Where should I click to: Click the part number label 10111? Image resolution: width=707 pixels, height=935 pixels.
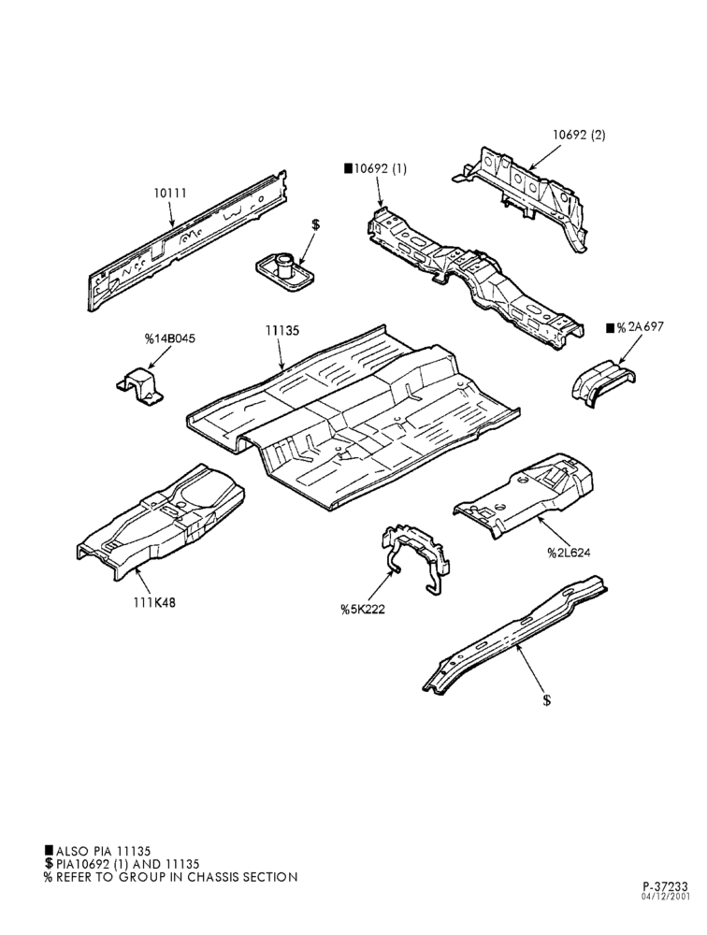(x=170, y=194)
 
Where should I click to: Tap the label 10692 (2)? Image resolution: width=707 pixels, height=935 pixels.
(x=578, y=135)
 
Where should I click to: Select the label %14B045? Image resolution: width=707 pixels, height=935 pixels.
(x=169, y=338)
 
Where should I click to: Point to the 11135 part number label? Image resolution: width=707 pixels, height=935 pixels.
(x=282, y=330)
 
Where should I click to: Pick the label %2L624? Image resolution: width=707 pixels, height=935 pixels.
(x=569, y=553)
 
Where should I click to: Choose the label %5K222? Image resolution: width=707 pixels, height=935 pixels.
(x=363, y=609)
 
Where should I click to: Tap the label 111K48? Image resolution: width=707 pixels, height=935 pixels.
(x=154, y=602)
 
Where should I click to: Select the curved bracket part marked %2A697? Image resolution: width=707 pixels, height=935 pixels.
(x=602, y=381)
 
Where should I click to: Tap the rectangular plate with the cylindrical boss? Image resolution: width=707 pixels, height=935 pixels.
(x=283, y=272)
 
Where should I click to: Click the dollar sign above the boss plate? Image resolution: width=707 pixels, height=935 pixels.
(x=315, y=224)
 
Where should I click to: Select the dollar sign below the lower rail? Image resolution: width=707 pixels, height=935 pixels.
(x=546, y=699)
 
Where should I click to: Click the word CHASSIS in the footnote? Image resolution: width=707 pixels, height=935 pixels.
(x=214, y=877)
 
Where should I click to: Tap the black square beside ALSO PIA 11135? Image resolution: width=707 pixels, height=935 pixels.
(x=48, y=850)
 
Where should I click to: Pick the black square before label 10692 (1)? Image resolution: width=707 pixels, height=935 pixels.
(x=348, y=168)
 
